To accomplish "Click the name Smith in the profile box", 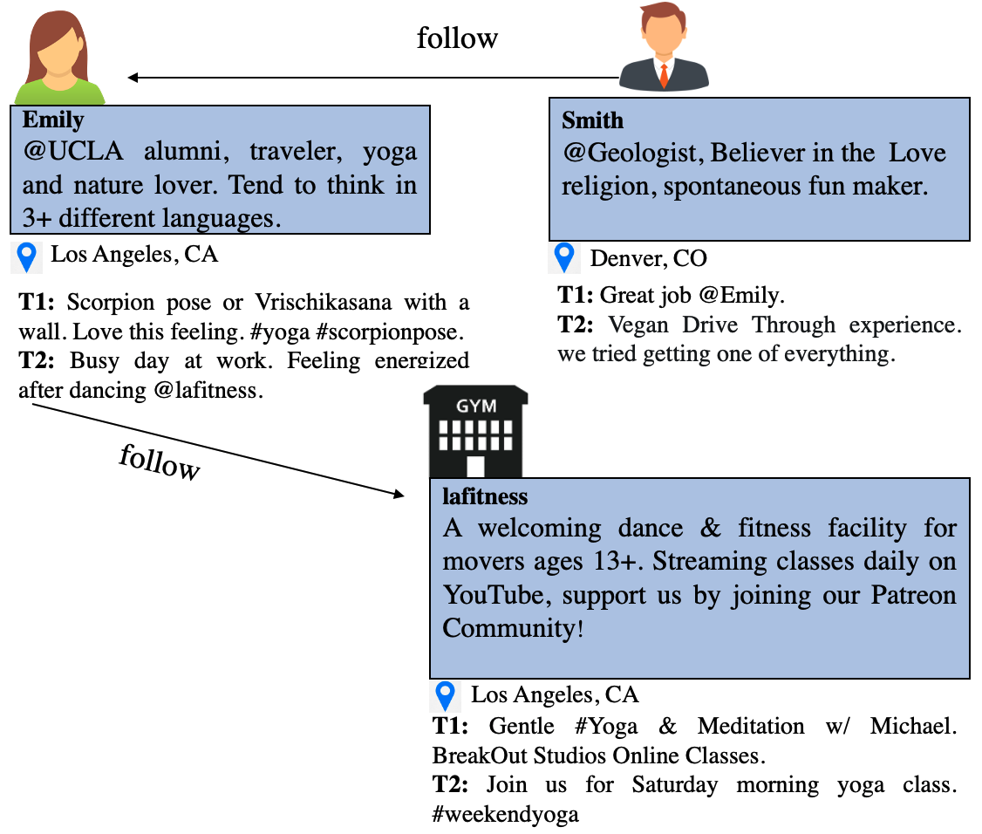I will (x=593, y=120).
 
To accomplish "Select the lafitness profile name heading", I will (x=485, y=496).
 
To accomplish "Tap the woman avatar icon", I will (x=58, y=54).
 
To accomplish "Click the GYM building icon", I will (x=475, y=433).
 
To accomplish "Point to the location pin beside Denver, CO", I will (x=565, y=257).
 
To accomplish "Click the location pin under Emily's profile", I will (x=27, y=256).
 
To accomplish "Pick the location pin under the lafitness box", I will (x=446, y=695).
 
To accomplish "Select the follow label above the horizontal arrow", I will (x=457, y=38).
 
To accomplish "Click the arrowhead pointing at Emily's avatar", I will (x=133, y=78).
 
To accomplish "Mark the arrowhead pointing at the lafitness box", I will (x=399, y=495).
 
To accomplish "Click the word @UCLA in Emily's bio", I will (x=72, y=151).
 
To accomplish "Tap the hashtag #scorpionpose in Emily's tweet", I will (x=403, y=332).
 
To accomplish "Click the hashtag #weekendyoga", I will (x=506, y=816).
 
